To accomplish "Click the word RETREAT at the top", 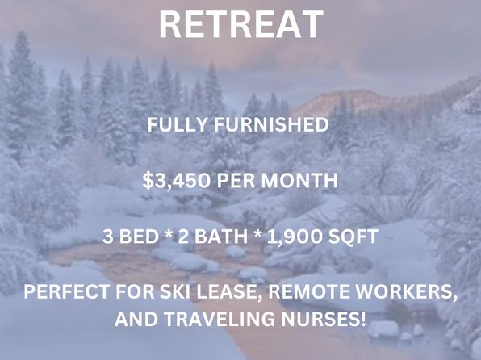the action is (241, 24).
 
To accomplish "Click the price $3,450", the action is (177, 181).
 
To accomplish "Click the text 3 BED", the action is (131, 237).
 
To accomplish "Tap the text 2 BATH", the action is (212, 237).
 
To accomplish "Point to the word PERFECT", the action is (66, 291).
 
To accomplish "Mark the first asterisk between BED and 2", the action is (168, 234).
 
